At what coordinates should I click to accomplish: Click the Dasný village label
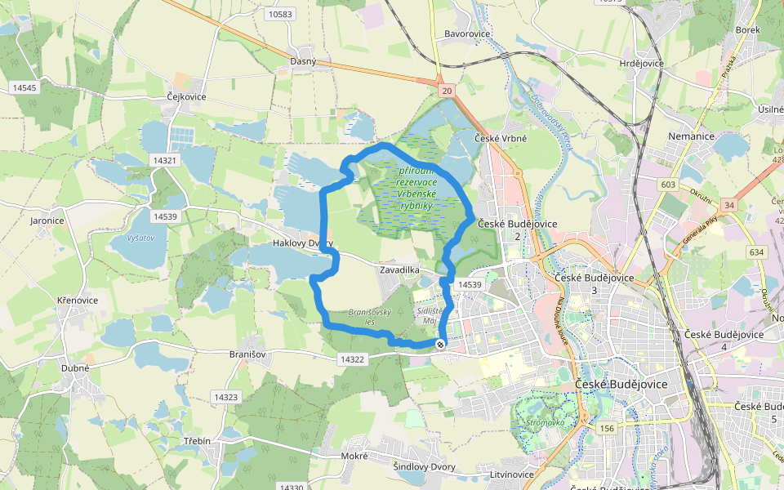(x=303, y=61)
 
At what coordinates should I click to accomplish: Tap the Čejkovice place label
(x=186, y=96)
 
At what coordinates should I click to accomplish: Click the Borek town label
(x=747, y=29)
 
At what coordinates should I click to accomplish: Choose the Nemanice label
(x=691, y=136)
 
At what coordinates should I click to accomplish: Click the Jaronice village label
(x=47, y=220)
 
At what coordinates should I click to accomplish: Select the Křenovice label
(x=78, y=301)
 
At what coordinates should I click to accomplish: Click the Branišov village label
(x=250, y=354)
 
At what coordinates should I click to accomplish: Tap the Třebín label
(x=196, y=441)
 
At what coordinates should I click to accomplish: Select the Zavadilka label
(x=399, y=269)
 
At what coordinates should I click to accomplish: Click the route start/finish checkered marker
(x=441, y=345)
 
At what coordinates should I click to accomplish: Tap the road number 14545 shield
(x=24, y=87)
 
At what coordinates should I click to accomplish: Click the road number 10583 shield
(x=279, y=14)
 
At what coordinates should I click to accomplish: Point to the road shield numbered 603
(x=669, y=185)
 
